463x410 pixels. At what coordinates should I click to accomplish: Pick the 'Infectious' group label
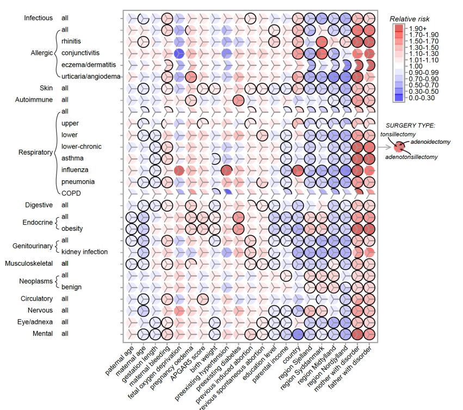click(x=38, y=18)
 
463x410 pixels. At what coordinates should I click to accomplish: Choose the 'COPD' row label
click(x=70, y=193)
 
